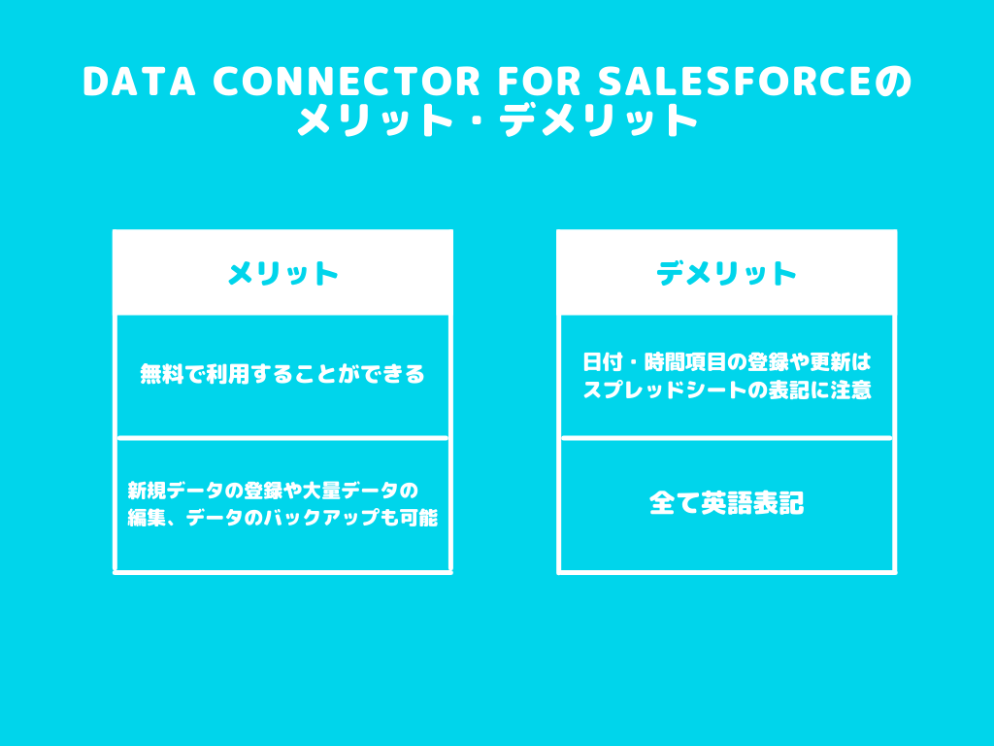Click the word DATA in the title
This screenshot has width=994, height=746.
pos(139,82)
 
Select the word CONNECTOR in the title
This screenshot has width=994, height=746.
pos(347,82)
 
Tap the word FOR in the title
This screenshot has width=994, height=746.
pos(539,82)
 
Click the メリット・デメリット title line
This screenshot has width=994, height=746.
pos(497,119)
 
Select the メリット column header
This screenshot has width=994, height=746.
pos(282,273)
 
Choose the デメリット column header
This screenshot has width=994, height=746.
pos(726,273)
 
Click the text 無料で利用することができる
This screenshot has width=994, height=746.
pos(282,374)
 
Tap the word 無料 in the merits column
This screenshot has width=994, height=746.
pos(162,374)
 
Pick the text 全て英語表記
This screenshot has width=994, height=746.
pos(726,504)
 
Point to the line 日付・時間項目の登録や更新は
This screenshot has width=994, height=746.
pos(727,362)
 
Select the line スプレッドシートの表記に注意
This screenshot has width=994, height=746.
pos(727,390)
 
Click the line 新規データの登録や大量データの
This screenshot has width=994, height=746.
pos(273,491)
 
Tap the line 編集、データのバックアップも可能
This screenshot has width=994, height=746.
pos(282,518)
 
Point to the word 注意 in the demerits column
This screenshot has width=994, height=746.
pos(850,390)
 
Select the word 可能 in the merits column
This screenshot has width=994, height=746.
pos(418,518)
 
